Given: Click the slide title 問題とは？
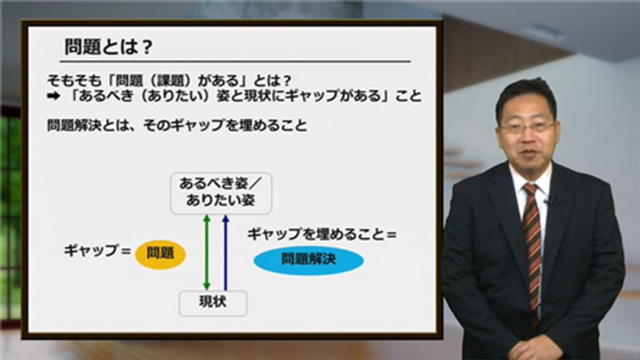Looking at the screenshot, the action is [x=109, y=47].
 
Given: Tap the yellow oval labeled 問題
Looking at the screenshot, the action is [x=161, y=254].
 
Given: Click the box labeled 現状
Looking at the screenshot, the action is [x=213, y=303].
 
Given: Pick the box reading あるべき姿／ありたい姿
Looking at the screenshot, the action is [x=221, y=194].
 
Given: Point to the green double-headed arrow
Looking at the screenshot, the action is [x=206, y=252].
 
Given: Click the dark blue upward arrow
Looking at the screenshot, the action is [x=226, y=252].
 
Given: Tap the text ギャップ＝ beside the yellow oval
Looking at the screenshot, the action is [x=97, y=250].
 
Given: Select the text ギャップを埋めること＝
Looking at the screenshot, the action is [x=322, y=234].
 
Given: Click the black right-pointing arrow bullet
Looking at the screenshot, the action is [x=54, y=96].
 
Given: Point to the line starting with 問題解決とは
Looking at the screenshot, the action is [x=177, y=125].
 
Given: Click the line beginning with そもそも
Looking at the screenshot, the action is [x=170, y=81].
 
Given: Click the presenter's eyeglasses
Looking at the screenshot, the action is [x=527, y=127].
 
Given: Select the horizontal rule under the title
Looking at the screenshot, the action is [x=235, y=62].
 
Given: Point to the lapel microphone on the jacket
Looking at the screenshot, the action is [x=550, y=201].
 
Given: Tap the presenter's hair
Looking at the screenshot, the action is [x=526, y=96].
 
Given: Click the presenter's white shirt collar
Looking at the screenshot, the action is [x=530, y=182].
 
